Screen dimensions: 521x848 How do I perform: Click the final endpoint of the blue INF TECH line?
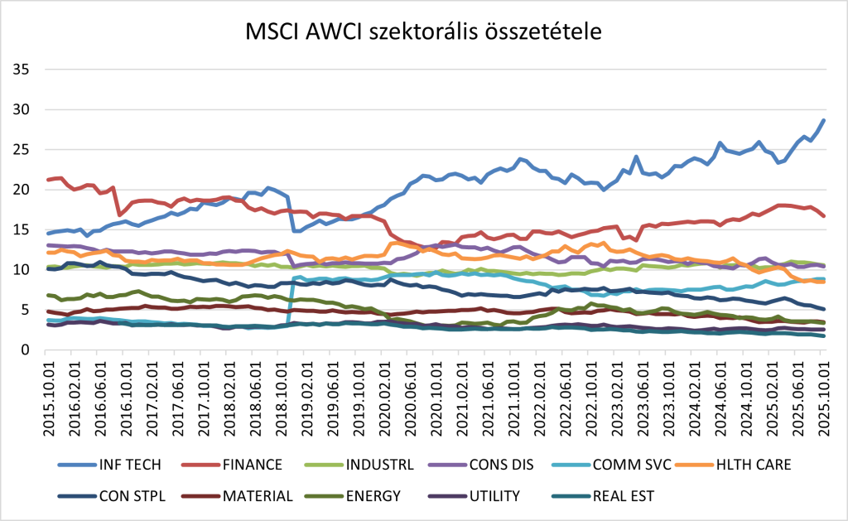pyautogui.click(x=823, y=121)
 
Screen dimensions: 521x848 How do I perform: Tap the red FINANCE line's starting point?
pyautogui.click(x=49, y=180)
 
